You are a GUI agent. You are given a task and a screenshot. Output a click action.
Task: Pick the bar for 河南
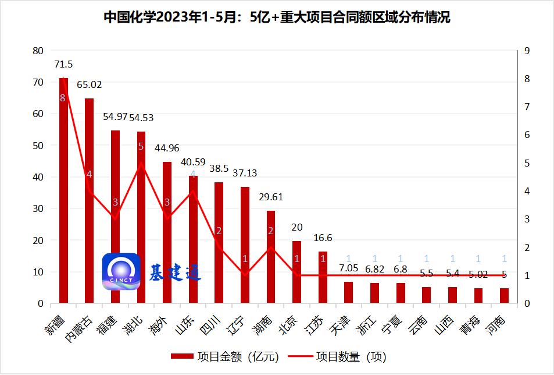pyautogui.click(x=504, y=296)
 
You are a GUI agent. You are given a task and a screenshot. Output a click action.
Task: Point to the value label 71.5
pyautogui.click(x=63, y=64)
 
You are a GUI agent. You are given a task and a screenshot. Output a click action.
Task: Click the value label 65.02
pyautogui.click(x=89, y=85)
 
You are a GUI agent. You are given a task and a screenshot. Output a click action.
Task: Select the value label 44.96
pyautogui.click(x=167, y=148)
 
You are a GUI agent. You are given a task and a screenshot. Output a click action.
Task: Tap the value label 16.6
pyautogui.click(x=323, y=238)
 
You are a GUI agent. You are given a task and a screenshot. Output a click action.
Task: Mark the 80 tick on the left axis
pyautogui.click(x=38, y=51)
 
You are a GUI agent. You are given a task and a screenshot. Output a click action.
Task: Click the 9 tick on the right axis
pyautogui.click(x=527, y=51)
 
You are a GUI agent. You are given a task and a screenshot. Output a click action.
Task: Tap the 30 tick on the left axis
pyautogui.click(x=38, y=208)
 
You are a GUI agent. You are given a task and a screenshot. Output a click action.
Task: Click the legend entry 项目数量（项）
pyautogui.click(x=342, y=356)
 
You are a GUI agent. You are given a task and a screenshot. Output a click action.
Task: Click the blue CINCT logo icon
pyautogui.click(x=121, y=271)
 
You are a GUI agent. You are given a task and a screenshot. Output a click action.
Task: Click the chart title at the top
pyautogui.click(x=277, y=17)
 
